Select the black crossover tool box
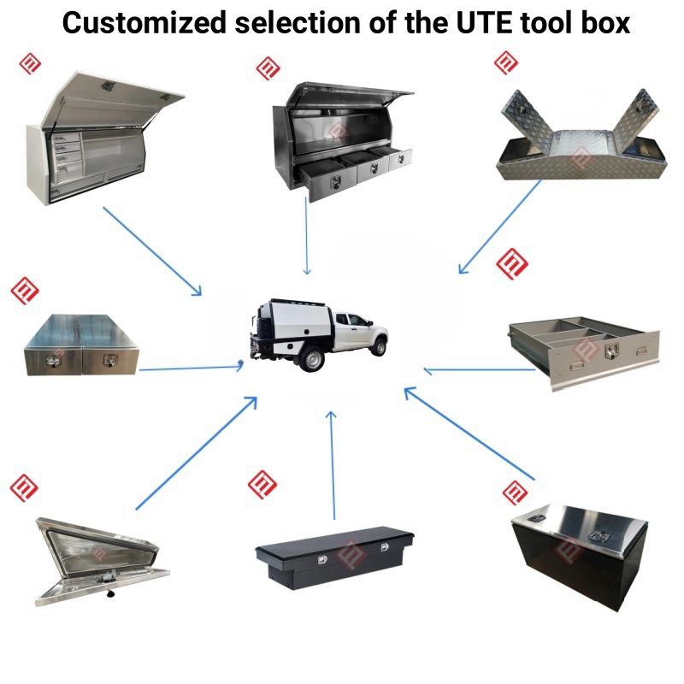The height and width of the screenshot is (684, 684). click(x=334, y=555)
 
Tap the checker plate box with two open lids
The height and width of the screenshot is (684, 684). click(x=582, y=142)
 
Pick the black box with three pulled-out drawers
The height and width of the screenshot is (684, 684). click(x=342, y=141)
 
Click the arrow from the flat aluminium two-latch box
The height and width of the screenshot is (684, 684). click(x=191, y=369)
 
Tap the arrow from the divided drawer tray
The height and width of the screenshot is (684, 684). click(x=479, y=370)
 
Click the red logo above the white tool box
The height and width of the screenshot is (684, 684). click(x=30, y=63)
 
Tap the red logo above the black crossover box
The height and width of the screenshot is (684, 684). click(x=262, y=484)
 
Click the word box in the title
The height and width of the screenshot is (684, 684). click(x=598, y=22)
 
